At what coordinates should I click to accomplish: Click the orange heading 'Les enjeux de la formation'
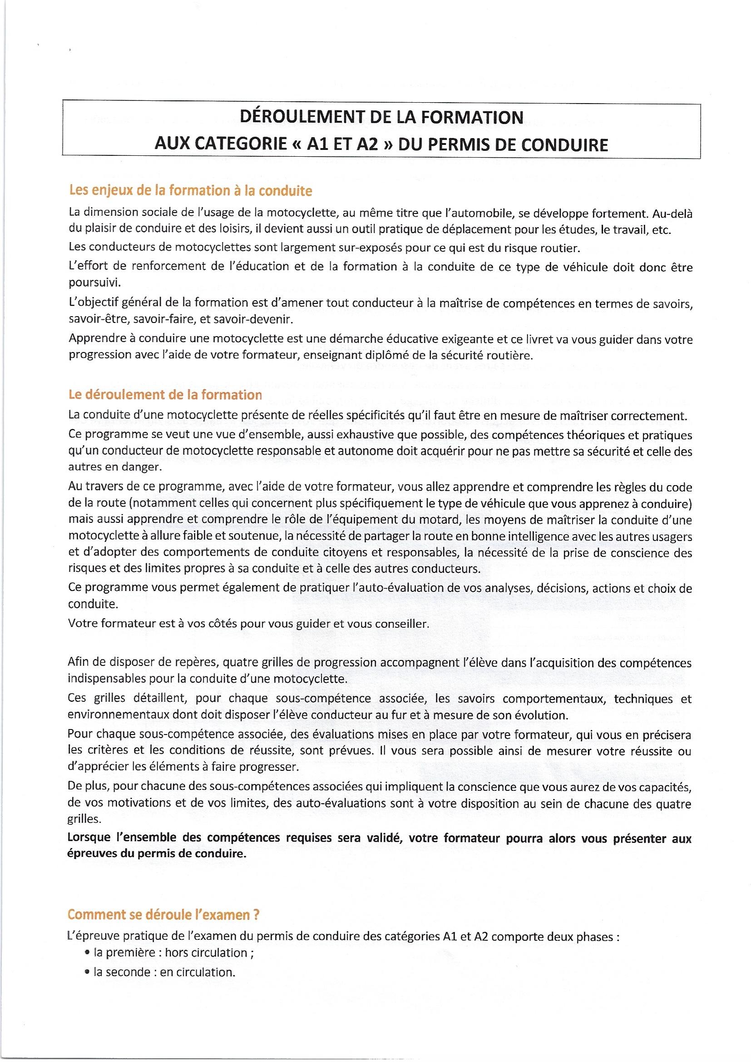(190, 191)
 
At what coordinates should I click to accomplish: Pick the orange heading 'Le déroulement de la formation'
(165, 395)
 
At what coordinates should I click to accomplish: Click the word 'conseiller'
(400, 624)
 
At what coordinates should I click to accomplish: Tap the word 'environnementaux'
(119, 715)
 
